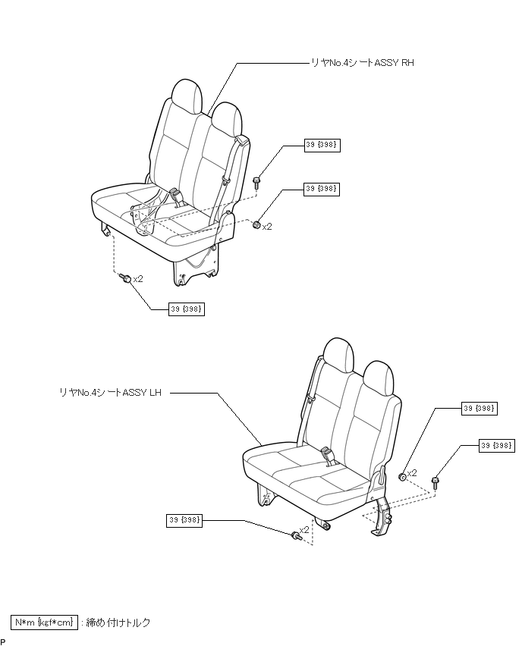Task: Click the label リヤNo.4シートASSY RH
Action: coord(363,63)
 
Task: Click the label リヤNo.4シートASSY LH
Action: coord(110,392)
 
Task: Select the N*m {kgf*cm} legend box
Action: coord(44,622)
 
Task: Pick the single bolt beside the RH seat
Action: coord(257,181)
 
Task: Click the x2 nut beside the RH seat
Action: coord(257,224)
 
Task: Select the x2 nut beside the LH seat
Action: coord(403,476)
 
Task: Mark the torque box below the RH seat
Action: coord(187,309)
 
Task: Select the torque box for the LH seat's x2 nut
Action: coord(480,409)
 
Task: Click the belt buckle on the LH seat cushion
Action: coord(329,456)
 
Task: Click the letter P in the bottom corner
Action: coord(3,641)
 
